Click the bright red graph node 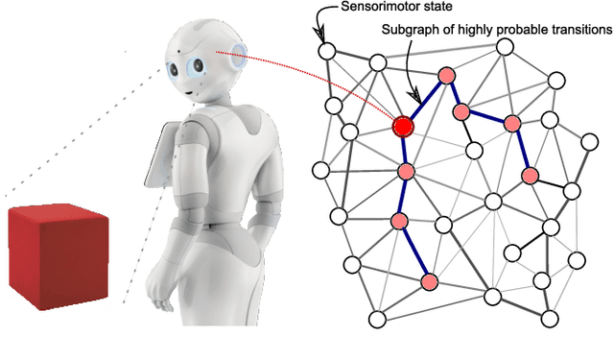click(x=404, y=125)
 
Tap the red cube click(x=58, y=254)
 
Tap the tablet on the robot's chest click(x=159, y=154)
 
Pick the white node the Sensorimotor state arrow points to click(x=326, y=51)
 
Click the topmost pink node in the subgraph click(x=445, y=75)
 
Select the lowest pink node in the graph click(x=430, y=281)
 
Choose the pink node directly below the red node click(x=406, y=172)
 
